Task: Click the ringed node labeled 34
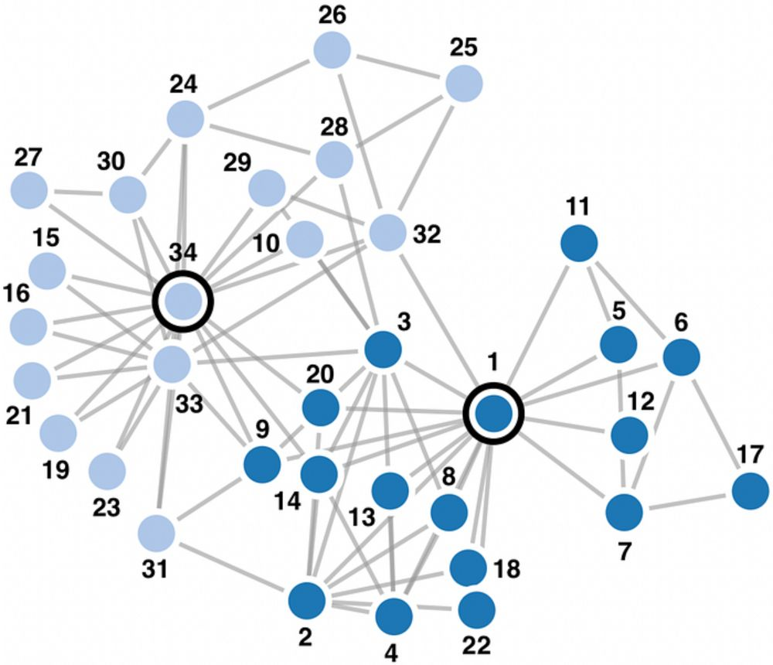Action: coord(183,301)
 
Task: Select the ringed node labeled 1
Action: coord(493,414)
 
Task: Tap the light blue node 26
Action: coord(332,49)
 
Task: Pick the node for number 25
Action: coord(464,84)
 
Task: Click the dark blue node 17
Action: coord(751,491)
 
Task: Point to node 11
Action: coord(579,243)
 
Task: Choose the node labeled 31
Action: coord(156,534)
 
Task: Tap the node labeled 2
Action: coord(307,600)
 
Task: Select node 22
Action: coord(476,610)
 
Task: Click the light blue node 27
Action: coord(29,190)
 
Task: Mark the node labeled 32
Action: coord(388,232)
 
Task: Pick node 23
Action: coord(107,472)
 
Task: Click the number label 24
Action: coord(184,84)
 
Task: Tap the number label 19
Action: coord(55,469)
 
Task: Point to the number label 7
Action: coord(624,552)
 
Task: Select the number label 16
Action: coord(16,294)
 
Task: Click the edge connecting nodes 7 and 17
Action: coord(688,500)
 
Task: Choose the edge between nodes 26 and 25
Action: coord(398,66)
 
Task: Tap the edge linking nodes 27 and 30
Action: coord(78,193)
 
